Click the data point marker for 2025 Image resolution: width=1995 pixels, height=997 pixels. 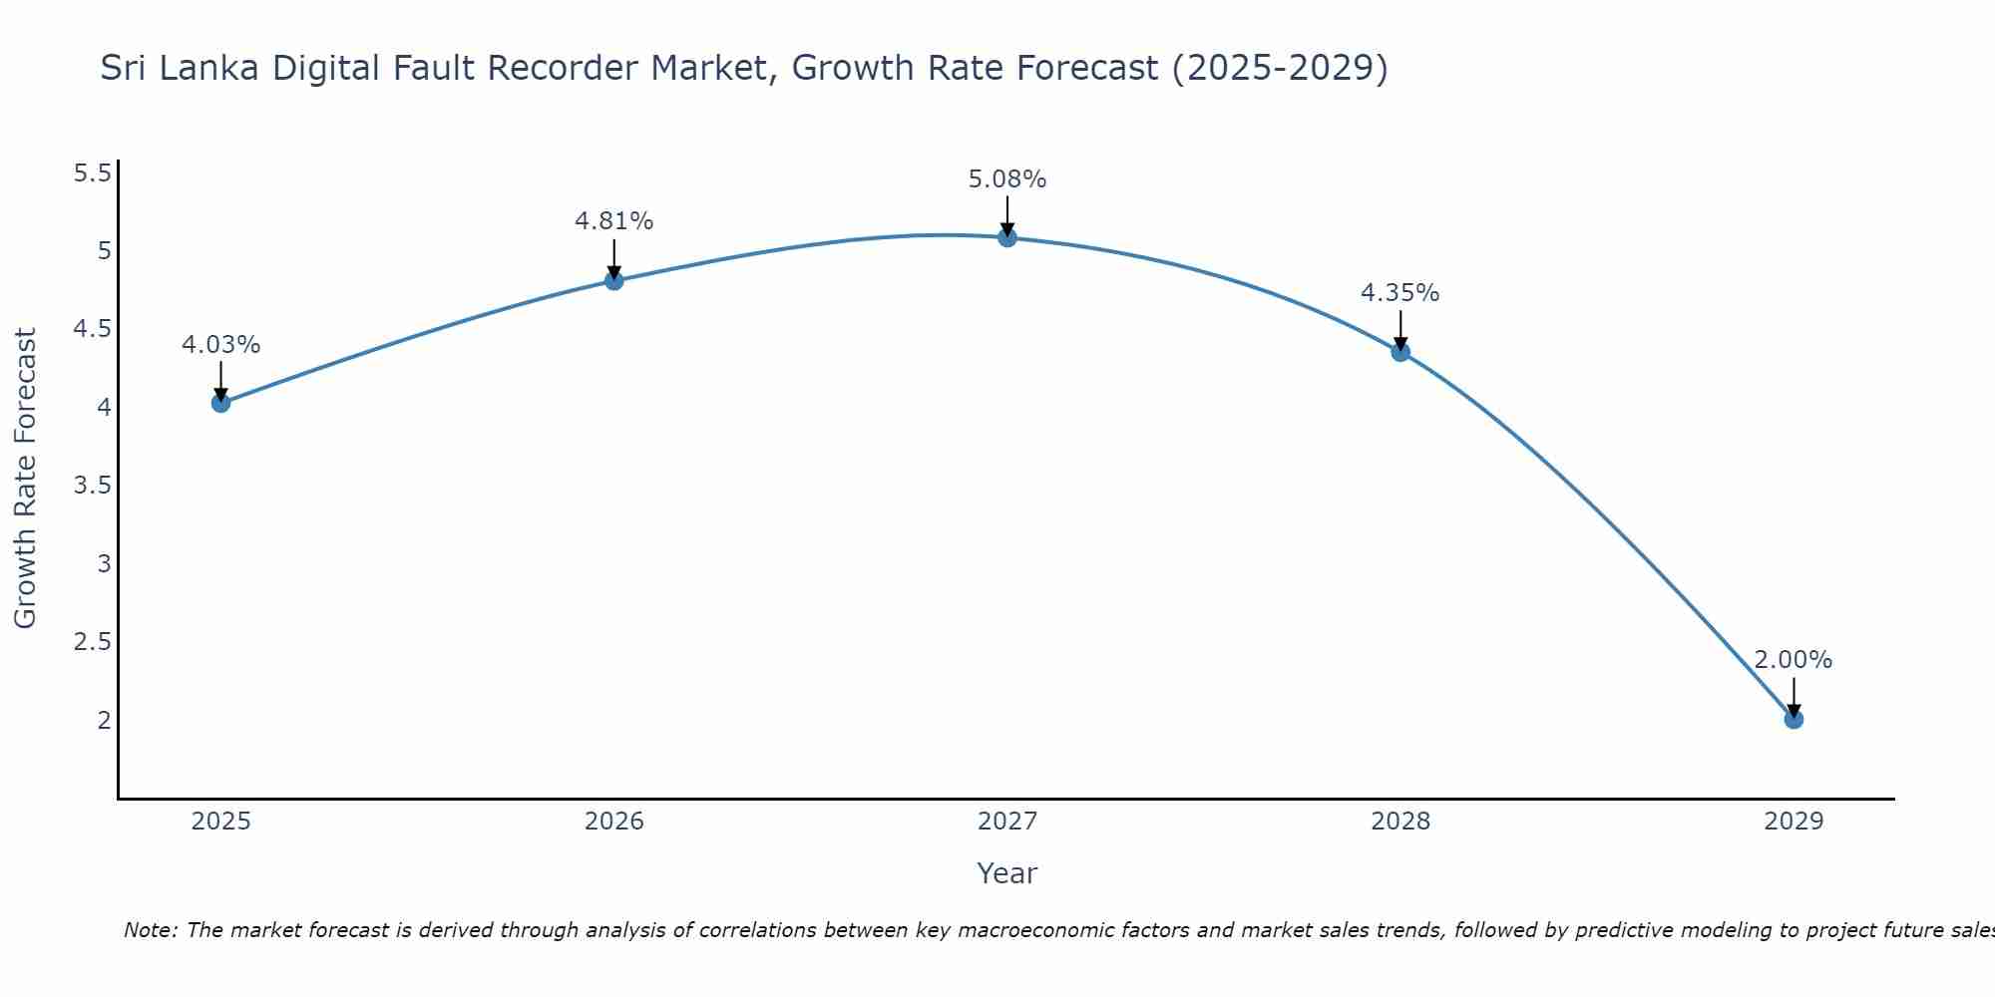pos(220,403)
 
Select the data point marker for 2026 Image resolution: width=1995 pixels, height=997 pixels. pos(613,281)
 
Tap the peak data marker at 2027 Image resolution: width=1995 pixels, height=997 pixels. pos(1006,237)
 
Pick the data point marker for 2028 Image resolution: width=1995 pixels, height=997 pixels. pos(1399,352)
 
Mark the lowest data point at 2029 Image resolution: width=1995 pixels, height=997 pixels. pos(1793,719)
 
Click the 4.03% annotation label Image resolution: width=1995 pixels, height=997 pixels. pos(220,345)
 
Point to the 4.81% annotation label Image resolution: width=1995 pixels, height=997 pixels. pos(613,221)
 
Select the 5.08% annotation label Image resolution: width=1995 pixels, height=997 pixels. pos(1006,179)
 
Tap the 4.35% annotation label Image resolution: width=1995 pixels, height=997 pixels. pos(1399,293)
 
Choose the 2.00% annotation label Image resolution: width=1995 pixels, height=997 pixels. pos(1793,660)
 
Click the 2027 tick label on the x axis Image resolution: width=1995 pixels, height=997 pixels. pos(1006,822)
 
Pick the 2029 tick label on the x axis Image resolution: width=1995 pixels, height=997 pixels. pos(1793,822)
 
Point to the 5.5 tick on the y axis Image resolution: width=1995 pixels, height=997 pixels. pos(93,173)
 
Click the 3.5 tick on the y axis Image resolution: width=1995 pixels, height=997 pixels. pos(93,486)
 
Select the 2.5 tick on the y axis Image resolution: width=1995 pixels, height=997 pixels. pos(93,641)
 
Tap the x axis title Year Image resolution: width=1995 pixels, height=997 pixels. pos(1006,873)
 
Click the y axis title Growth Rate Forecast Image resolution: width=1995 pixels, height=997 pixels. pos(25,478)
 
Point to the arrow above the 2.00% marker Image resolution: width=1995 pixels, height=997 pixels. pos(1793,696)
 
